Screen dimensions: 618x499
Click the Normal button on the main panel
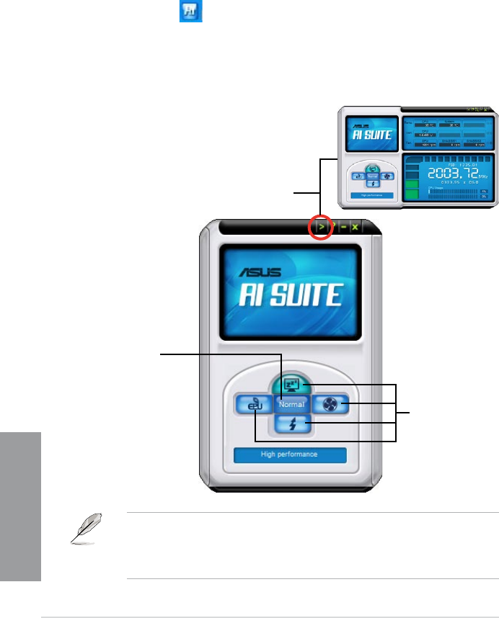tap(291, 404)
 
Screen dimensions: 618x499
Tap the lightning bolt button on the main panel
tap(291, 425)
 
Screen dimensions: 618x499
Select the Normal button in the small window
tap(373, 176)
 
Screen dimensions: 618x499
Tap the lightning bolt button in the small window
tap(373, 183)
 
